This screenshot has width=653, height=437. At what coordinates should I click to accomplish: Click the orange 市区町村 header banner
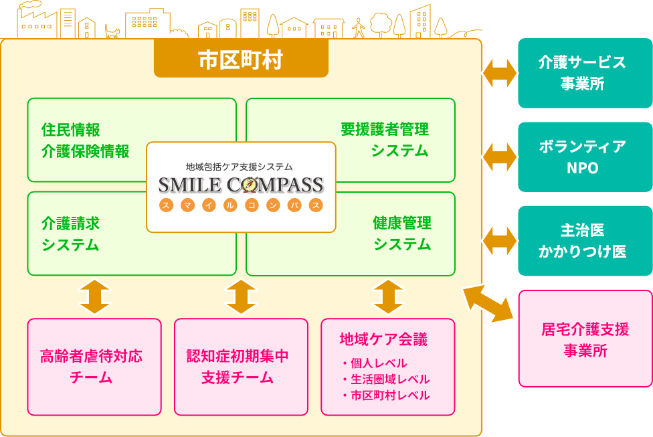(241, 60)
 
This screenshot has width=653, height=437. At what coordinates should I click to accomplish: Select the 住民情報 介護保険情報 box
(85, 140)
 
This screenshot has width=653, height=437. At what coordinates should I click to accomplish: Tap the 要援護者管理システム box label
(385, 140)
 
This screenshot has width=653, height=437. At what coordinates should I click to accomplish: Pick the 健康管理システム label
(402, 234)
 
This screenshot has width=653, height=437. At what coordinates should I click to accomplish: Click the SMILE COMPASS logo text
(241, 185)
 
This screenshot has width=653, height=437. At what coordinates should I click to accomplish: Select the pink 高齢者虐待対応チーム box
(94, 366)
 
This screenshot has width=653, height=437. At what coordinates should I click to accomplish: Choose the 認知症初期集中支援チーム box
(241, 366)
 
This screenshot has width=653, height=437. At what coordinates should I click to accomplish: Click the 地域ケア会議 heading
(383, 339)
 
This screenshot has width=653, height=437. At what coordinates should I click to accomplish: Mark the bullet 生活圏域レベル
(385, 379)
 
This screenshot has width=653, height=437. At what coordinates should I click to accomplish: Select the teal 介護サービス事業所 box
(585, 73)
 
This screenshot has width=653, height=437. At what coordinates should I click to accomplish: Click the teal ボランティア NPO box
(585, 157)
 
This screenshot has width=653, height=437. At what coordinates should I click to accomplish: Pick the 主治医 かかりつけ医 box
(585, 241)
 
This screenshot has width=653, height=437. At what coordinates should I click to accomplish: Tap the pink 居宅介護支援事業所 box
(585, 339)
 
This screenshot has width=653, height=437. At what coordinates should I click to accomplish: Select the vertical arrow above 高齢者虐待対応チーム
(94, 296)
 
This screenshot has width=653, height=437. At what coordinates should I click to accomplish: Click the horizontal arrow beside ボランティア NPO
(500, 157)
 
